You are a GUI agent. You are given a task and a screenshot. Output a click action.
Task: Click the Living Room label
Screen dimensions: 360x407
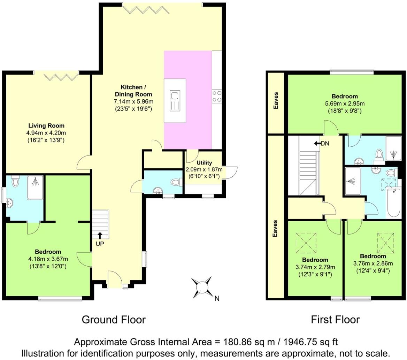46,126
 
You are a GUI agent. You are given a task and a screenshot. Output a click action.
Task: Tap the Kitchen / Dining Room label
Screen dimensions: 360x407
133,91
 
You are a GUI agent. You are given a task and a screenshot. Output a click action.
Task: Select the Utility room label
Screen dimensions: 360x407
204,163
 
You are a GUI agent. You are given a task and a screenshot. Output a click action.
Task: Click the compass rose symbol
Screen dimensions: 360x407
202,287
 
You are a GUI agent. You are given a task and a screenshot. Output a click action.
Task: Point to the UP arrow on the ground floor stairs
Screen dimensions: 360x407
100,236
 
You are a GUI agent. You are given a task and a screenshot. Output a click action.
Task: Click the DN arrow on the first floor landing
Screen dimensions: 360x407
317,143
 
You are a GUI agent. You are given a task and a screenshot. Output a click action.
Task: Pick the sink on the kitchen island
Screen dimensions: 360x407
175,100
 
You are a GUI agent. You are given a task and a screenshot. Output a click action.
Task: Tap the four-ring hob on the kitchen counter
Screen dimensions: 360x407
216,97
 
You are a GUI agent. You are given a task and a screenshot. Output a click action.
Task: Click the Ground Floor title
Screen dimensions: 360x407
114,319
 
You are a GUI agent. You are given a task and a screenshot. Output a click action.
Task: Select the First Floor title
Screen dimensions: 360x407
335,319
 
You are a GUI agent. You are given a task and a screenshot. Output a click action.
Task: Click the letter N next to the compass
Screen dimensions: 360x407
217,298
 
